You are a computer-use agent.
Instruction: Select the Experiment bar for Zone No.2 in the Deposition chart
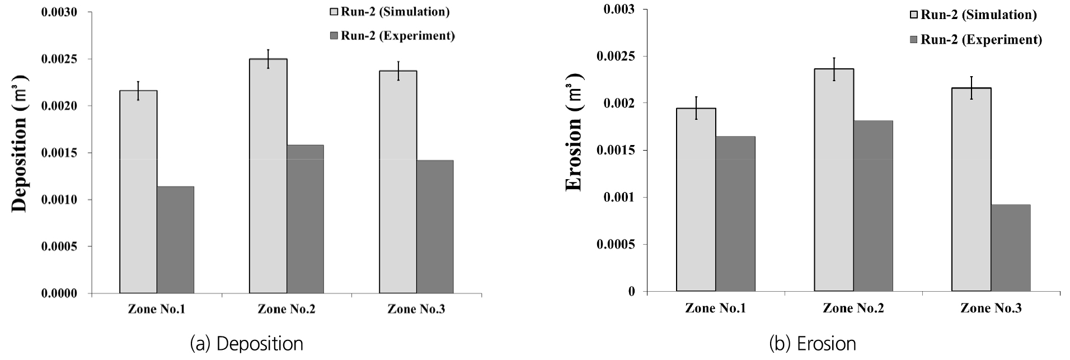[x=305, y=219]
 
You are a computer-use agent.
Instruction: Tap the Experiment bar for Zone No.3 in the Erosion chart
[x=1011, y=248]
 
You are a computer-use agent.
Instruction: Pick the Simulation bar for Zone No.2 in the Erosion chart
[x=834, y=180]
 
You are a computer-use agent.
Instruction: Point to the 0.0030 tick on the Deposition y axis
[x=59, y=12]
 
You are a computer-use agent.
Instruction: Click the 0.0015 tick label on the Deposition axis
[x=59, y=153]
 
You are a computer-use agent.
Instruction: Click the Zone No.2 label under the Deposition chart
[x=287, y=309]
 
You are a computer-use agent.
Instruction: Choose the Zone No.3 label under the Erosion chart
[x=991, y=308]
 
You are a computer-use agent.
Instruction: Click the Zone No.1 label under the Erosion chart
[x=715, y=308]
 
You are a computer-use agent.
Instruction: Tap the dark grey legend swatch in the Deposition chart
[x=335, y=36]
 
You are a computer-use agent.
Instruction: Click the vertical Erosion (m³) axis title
[x=575, y=132]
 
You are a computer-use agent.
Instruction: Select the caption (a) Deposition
[x=247, y=344]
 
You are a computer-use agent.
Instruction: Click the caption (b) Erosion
[x=813, y=344]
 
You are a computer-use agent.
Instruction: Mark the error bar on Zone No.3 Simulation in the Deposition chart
[x=398, y=71]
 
